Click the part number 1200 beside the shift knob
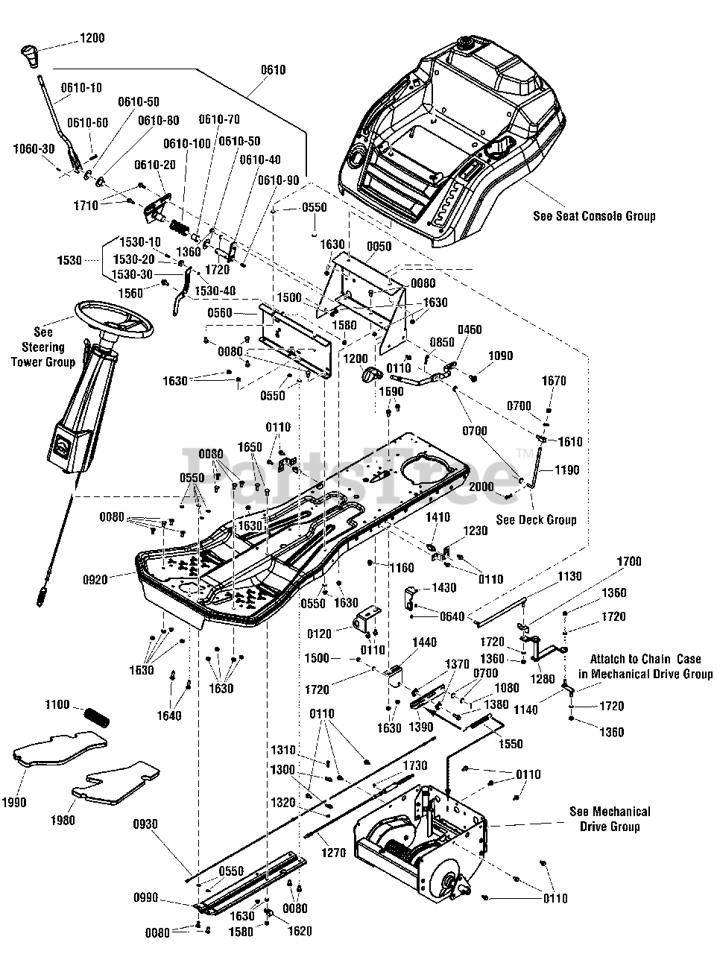tap(91, 38)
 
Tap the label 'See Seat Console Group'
tap(594, 216)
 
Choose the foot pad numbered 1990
tap(60, 752)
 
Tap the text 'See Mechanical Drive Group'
tap(609, 818)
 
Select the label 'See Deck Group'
tap(536, 519)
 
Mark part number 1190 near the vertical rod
tap(566, 470)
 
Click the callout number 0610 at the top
tap(274, 70)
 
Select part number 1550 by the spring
tap(511, 744)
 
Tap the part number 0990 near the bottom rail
tap(146, 897)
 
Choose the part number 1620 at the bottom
tap(300, 931)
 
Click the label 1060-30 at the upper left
tap(34, 149)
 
